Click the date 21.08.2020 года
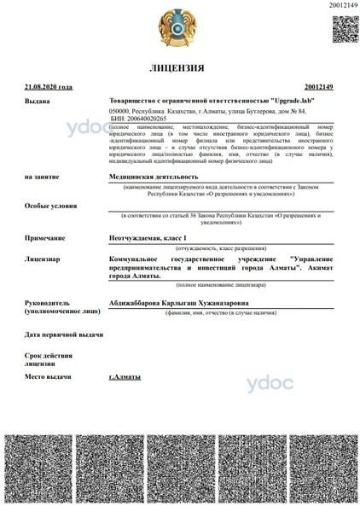pos(49,86)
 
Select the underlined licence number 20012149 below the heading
pos(317,86)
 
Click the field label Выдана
pos(38,101)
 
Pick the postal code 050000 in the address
pos(122,111)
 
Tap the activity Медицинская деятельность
pos(146,176)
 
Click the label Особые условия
pos(49,206)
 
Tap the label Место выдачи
pos(48,376)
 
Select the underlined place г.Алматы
pos(125,376)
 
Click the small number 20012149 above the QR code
pos(341,6)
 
